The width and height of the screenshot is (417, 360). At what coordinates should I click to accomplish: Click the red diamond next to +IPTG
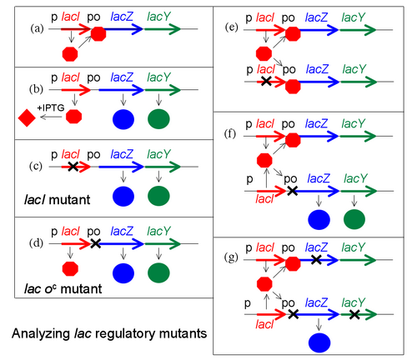[27, 117]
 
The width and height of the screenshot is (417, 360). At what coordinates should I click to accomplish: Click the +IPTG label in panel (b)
[51, 107]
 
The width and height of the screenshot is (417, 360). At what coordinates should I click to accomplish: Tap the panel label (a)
[37, 28]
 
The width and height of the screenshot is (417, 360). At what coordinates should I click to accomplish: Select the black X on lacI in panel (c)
[73, 167]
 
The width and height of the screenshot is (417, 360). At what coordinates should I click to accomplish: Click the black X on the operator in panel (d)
[95, 243]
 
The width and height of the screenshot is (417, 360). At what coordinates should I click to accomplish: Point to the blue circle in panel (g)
[319, 342]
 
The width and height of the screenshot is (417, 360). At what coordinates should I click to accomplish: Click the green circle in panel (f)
[354, 219]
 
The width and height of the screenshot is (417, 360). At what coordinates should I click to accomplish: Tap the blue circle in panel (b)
[123, 119]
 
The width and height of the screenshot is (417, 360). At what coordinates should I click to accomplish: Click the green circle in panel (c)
[158, 196]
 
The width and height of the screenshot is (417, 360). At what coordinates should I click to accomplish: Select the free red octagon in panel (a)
[70, 54]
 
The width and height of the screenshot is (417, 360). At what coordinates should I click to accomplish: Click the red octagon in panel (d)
[70, 269]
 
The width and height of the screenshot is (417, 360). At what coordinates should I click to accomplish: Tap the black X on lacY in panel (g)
[354, 314]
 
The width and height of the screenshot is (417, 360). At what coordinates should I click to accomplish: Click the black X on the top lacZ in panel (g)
[316, 260]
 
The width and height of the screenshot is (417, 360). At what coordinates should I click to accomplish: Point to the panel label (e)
[232, 27]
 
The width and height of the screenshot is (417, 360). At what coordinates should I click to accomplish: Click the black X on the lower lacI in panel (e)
[266, 81]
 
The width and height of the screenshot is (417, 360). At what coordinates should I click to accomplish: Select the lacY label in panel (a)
[158, 17]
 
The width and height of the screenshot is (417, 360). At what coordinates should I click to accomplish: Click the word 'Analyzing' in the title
[41, 334]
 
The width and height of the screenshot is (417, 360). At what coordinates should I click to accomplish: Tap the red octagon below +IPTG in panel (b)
[74, 116]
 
